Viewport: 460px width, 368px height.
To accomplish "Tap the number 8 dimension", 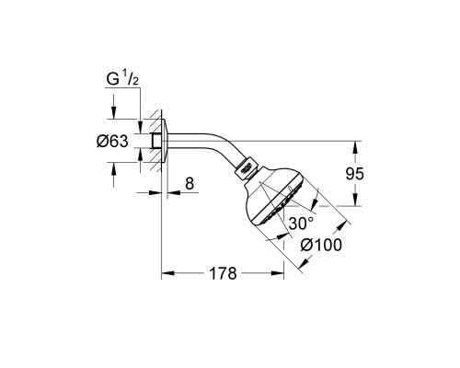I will (190, 183).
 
